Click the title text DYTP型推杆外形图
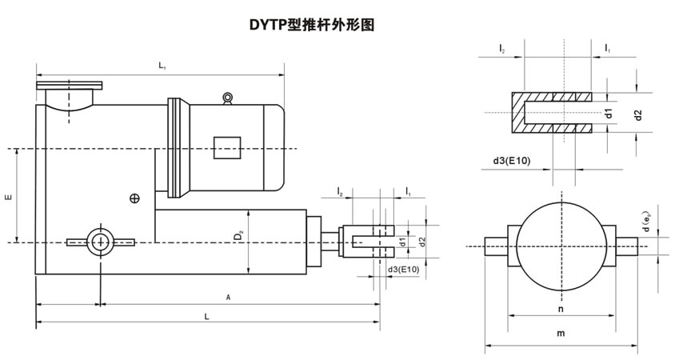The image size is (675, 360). point(312,24)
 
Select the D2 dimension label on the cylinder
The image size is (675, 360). point(238,237)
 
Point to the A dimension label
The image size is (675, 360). point(228,297)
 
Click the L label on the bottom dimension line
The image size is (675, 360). point(207,317)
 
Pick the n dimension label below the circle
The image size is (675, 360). point(560,307)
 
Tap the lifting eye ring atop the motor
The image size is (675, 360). point(229,98)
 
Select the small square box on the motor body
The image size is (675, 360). point(227,148)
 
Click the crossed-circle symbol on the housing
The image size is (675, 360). point(134,198)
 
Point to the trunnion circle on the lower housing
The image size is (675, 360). point(101,241)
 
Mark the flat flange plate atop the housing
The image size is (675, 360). point(69,85)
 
